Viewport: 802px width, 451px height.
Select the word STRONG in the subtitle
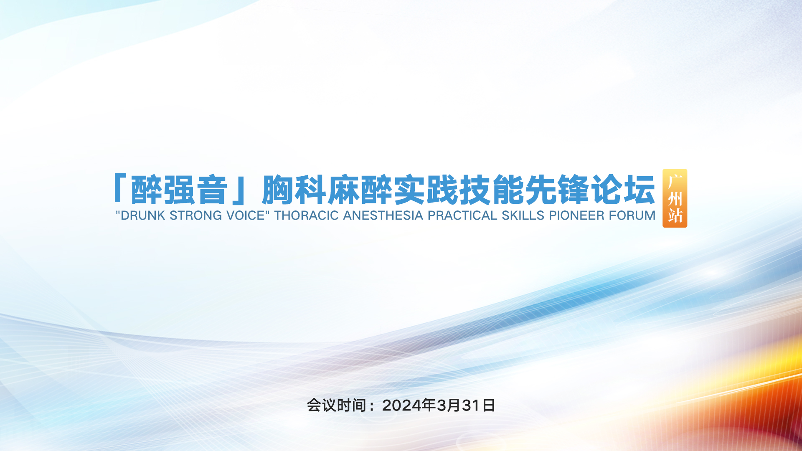point(195,215)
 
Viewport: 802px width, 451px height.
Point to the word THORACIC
point(307,215)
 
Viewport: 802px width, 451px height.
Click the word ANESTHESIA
point(383,215)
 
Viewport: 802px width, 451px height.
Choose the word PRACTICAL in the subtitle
point(463,215)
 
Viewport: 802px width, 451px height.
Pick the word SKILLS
point(523,215)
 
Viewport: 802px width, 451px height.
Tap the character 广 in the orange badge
point(675,182)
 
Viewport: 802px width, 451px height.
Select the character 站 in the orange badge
point(675,215)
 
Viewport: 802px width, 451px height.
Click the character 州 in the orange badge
point(675,199)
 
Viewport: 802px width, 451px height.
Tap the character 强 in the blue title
point(179,190)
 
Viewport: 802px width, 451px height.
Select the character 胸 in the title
point(277,190)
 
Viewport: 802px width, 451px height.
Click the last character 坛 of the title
point(639,190)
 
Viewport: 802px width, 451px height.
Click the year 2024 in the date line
point(401,405)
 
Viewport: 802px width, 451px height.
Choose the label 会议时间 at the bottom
point(337,405)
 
